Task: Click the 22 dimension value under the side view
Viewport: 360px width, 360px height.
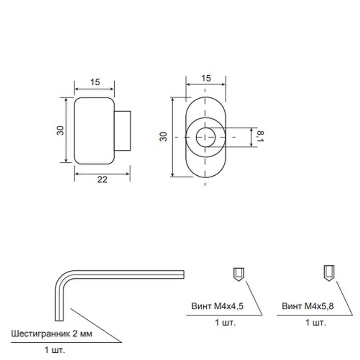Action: (102, 180)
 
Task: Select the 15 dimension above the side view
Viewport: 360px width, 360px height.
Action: (95, 82)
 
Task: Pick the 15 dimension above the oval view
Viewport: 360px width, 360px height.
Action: (206, 78)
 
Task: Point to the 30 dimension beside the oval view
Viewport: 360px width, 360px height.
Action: (164, 136)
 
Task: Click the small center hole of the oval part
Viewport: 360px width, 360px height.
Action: (205, 137)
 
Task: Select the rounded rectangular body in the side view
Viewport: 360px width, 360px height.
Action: (94, 131)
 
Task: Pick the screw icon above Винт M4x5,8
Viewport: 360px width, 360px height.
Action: (330, 273)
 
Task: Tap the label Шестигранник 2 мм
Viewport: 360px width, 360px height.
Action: (52, 334)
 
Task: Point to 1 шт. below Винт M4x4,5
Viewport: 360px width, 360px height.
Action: (225, 323)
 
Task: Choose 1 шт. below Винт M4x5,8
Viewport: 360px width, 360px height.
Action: (316, 323)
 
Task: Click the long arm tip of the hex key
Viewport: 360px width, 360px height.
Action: (182, 274)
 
